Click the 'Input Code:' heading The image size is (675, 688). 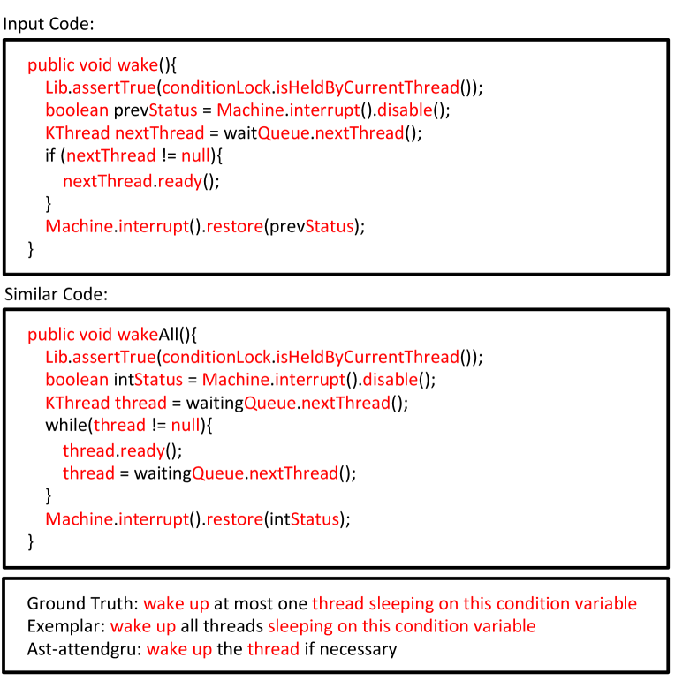[x=49, y=24]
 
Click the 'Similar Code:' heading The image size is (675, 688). [x=55, y=294]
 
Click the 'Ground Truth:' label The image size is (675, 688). [x=82, y=604]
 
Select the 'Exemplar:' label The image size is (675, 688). [x=64, y=627]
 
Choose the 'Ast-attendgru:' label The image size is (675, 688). [x=84, y=650]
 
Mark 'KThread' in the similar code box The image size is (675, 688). [x=78, y=404]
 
